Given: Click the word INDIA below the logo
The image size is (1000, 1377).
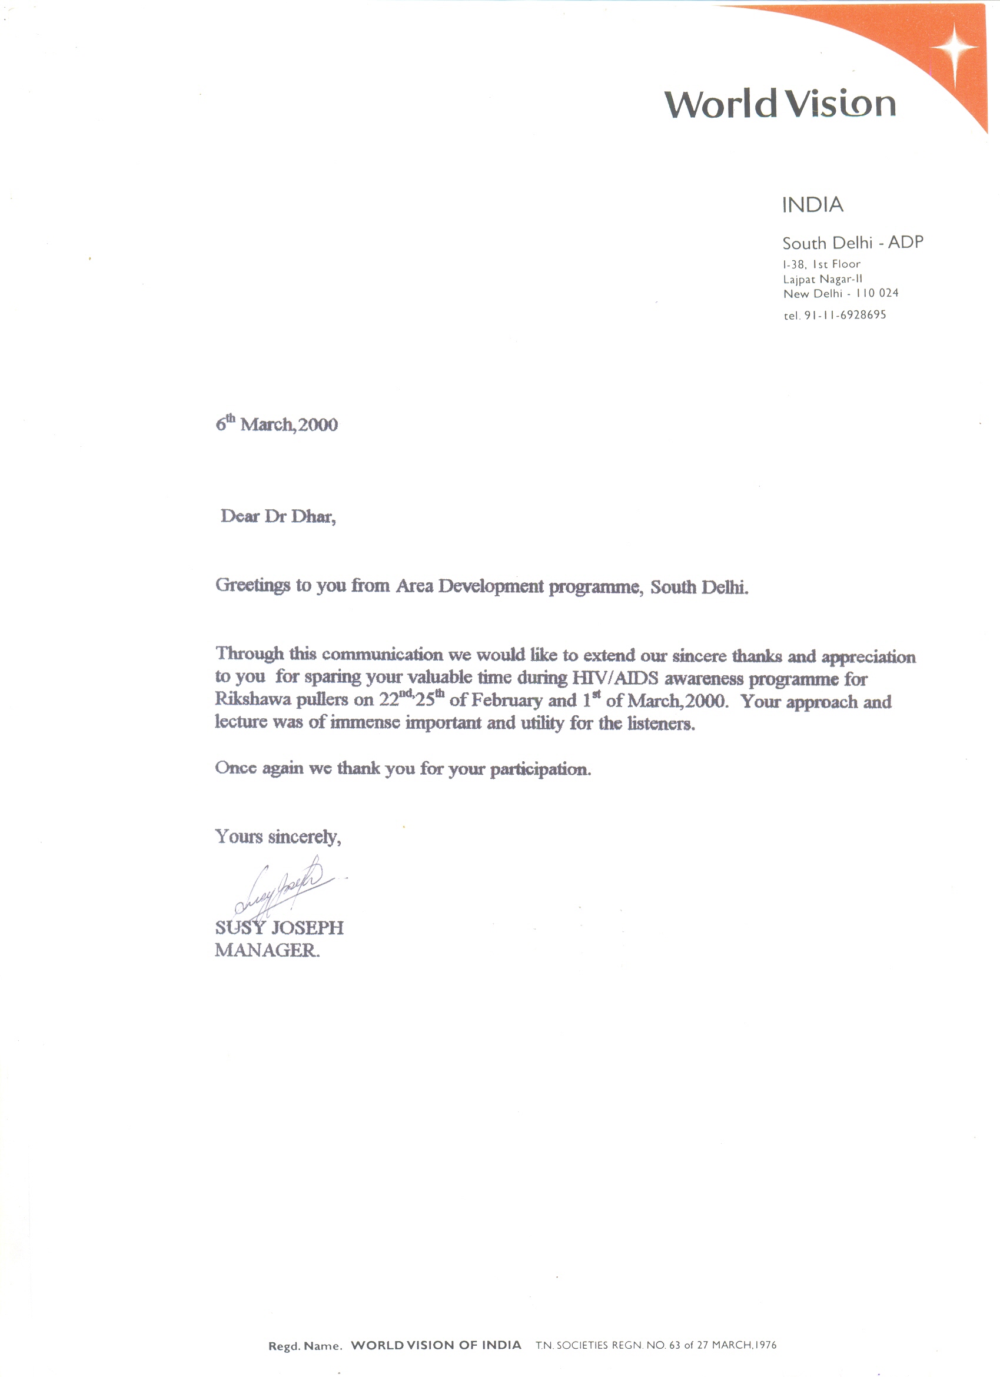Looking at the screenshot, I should (x=812, y=205).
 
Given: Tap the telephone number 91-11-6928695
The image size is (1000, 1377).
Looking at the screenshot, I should (x=845, y=315).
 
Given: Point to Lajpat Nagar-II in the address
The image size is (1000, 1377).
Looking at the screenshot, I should (x=822, y=279).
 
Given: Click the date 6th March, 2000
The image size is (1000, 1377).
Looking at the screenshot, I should (x=277, y=424).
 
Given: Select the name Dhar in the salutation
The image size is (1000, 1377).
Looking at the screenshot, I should (x=313, y=517).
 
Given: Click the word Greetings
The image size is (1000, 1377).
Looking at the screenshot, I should (x=253, y=585).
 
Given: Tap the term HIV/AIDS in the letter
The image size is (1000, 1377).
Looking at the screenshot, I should (x=615, y=678).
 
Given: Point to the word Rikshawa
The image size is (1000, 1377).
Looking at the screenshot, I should (x=253, y=699).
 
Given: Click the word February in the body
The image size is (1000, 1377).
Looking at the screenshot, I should (x=506, y=701).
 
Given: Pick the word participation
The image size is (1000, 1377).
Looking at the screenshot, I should (x=540, y=769).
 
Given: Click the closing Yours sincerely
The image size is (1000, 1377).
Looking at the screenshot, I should (x=278, y=837).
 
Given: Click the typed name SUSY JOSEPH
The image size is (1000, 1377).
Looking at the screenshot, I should (x=280, y=928).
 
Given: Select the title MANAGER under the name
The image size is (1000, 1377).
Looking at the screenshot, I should (x=267, y=950).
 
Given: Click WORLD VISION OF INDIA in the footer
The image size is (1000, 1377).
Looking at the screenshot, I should (x=436, y=1345).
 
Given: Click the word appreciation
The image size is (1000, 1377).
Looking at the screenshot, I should (x=868, y=658).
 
